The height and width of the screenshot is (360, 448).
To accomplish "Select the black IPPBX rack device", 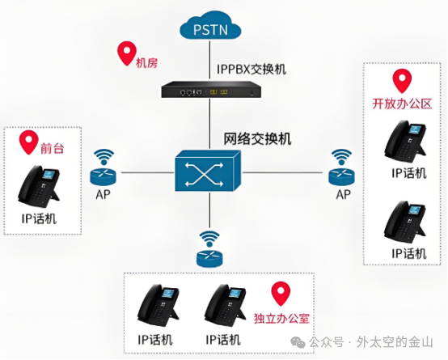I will pyautogui.click(x=210, y=91).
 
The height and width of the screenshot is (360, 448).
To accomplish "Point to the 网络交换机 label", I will pyautogui.click(x=257, y=138).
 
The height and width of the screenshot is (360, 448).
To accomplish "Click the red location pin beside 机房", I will pyautogui.click(x=126, y=53).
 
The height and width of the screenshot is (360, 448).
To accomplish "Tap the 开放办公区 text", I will pyautogui.click(x=402, y=105).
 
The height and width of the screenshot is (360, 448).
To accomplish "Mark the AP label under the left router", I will pyautogui.click(x=104, y=195).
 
